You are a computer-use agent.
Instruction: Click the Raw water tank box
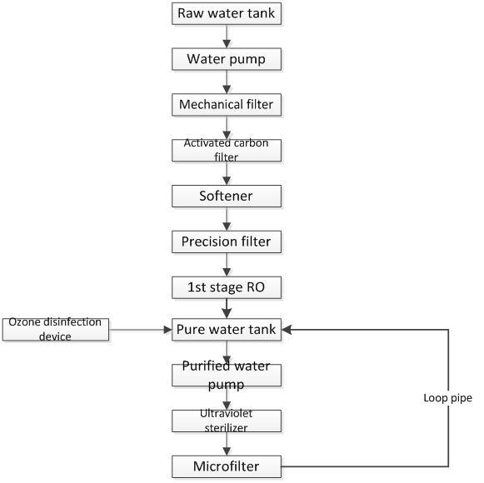[227, 13]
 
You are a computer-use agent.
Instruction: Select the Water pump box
[227, 59]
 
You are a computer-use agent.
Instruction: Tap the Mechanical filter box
[227, 105]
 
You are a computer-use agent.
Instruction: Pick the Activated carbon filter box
[227, 150]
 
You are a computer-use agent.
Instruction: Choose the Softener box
[227, 196]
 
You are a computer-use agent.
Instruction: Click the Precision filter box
[227, 242]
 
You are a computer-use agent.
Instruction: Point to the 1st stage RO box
[227, 287]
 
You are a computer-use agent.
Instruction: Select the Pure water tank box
[227, 330]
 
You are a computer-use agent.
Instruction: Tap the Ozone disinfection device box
[56, 330]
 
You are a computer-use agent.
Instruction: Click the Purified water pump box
[227, 376]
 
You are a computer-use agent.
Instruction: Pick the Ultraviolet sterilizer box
[227, 421]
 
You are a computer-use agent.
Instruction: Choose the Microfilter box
[227, 466]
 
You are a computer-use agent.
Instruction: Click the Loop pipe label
[447, 398]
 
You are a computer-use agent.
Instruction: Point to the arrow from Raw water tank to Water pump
[227, 37]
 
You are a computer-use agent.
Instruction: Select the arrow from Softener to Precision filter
[227, 219]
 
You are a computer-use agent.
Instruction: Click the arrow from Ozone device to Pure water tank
[141, 330]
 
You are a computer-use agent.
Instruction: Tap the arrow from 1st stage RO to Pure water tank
[227, 309]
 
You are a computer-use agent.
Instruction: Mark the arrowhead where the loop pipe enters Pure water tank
[286, 330]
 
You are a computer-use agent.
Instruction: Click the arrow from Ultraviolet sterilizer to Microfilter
[227, 444]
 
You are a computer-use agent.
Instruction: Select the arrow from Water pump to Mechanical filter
[227, 82]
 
